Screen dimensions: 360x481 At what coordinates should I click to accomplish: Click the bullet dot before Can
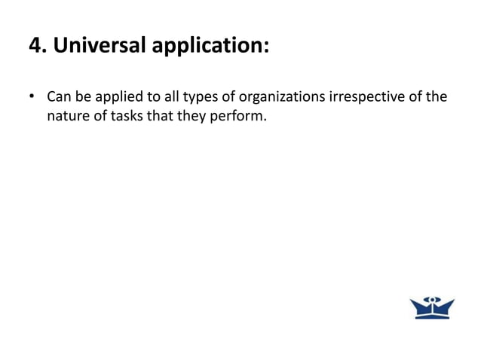pos(32,98)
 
